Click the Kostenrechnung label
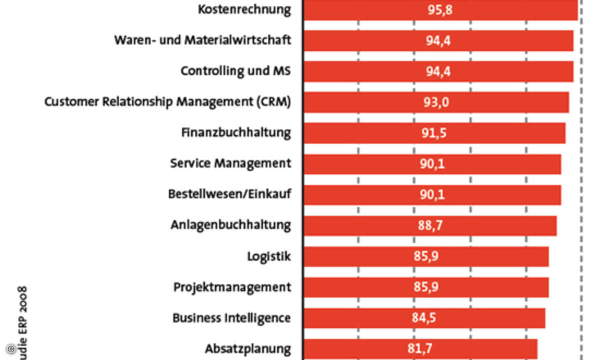[244, 9]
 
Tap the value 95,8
[439, 9]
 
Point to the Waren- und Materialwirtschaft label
[202, 40]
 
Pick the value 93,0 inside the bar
[436, 102]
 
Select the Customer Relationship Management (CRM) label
[167, 102]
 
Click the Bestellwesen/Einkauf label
[229, 194]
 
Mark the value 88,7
[430, 226]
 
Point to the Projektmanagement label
[232, 287]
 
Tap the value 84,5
[424, 318]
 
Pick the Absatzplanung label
[248, 348]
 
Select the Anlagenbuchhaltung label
[230, 225]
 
